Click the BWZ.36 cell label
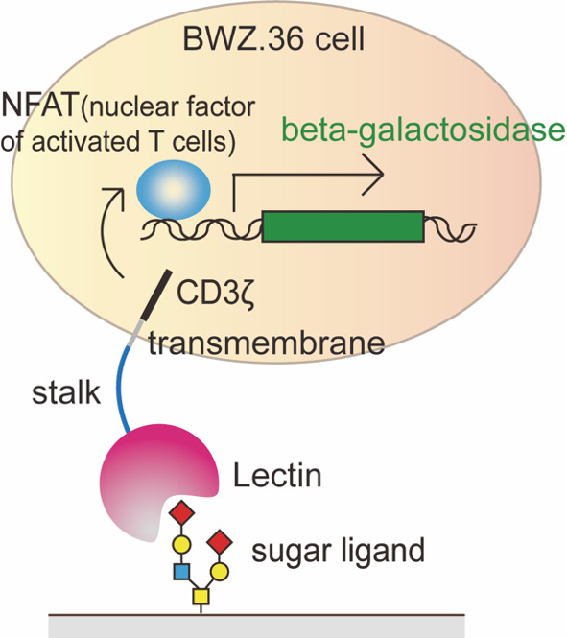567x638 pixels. pos(273,38)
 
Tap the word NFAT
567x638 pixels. pos(39,105)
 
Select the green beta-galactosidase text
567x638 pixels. pos(423,130)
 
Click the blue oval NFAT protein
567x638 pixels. pos(174,190)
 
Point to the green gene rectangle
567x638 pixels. pos(343,226)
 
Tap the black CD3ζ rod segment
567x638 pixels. pos(155,295)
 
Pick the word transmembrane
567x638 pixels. pos(267,343)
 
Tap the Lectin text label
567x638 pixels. pos(277,475)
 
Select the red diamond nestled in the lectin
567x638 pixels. pos(182,512)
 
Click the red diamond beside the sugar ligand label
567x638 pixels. pos(220,542)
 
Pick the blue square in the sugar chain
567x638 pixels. pos(181,571)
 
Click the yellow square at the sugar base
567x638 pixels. pos(201,596)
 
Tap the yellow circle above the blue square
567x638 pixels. pos(181,544)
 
